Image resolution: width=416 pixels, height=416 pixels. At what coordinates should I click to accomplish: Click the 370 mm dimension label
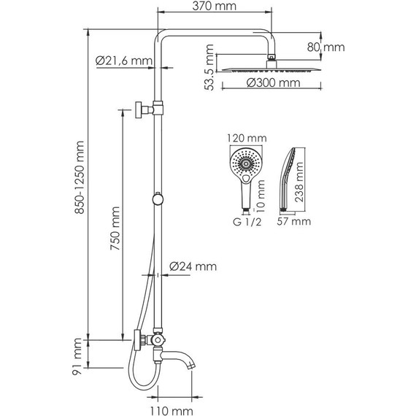coord(214,6)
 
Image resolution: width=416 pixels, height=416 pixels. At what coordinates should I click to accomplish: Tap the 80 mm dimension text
coord(326,47)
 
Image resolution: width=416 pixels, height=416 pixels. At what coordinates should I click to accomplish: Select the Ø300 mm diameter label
coord(273,82)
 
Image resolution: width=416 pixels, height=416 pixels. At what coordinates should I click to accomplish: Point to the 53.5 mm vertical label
coord(209,67)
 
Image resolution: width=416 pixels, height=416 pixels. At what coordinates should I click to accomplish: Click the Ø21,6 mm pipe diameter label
coord(124,61)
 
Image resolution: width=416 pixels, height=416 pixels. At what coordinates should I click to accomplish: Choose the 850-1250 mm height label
coord(80,177)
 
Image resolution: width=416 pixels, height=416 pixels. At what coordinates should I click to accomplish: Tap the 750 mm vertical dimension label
coord(115,228)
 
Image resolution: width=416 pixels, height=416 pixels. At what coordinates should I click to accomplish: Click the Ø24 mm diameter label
coord(193,266)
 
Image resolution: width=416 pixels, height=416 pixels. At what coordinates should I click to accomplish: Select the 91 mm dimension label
coord(77,356)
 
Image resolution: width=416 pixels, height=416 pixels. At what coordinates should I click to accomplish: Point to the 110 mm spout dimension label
coord(172,411)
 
